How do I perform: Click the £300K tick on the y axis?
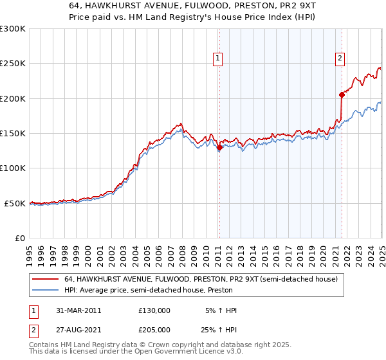(x=13, y=29)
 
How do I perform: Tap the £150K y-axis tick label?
(x=13, y=134)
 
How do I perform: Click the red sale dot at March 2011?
(x=219, y=147)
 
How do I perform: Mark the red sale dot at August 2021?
(x=342, y=94)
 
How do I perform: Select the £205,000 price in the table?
(x=154, y=330)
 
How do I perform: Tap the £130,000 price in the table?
(x=154, y=310)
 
